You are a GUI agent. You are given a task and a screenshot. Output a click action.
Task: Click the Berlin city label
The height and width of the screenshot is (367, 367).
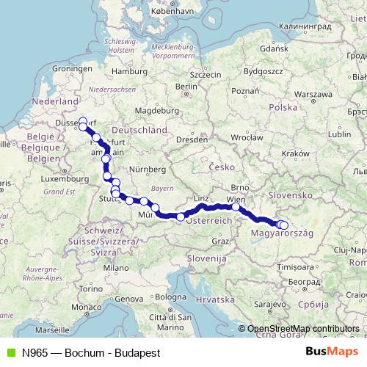point(187,86)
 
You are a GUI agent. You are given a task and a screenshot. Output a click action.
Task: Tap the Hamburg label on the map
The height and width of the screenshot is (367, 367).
point(135,72)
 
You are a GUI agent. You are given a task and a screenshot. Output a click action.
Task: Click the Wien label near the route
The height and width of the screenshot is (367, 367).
point(236,199)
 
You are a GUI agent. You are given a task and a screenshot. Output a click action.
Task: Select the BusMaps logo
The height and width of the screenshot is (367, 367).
point(331,352)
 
